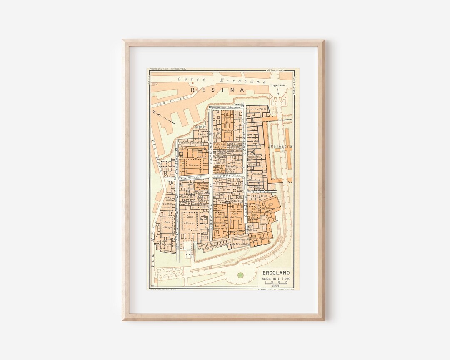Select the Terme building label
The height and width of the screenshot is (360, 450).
(193, 165)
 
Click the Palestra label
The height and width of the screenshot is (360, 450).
(281, 147)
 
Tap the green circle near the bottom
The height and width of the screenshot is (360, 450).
(240, 275)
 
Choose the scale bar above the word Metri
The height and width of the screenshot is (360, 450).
(275, 283)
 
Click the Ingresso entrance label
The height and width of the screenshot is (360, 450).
(277, 85)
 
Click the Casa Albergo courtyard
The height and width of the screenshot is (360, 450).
(190, 220)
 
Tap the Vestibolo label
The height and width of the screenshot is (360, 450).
(258, 173)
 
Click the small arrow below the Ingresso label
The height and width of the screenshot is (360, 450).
(277, 91)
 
